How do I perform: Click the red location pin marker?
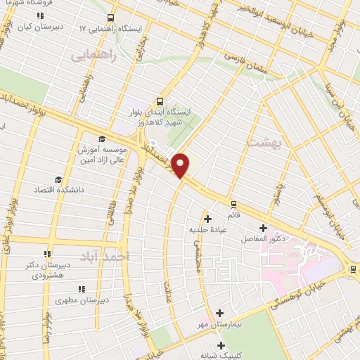click(181, 165)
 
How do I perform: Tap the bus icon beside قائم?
click(233, 205)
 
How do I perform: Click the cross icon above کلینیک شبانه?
click(221, 345)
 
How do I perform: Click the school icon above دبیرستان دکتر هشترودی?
click(47, 255)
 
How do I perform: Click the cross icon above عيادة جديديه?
click(207, 219)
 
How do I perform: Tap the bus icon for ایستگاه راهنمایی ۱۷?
click(110, 18)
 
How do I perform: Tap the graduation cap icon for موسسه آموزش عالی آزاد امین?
click(102, 138)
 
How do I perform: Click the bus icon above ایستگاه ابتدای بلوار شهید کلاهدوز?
click(161, 101)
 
